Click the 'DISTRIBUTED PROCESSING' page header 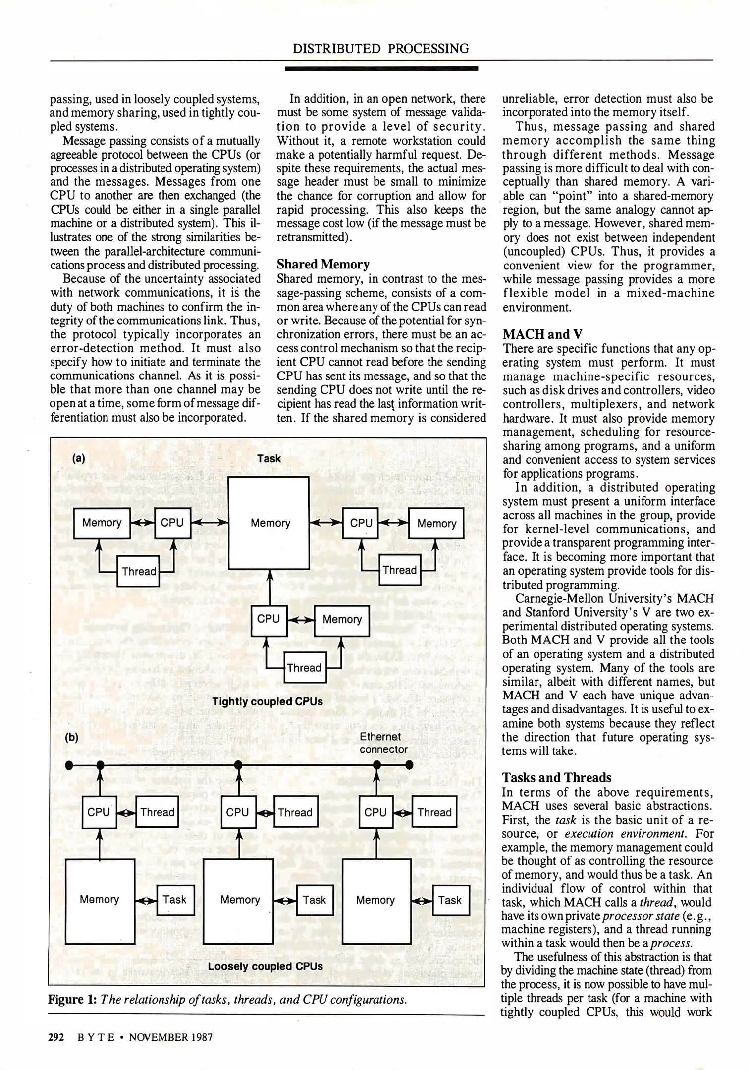[380, 49]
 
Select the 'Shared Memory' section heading [323, 264]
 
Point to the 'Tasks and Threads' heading [557, 777]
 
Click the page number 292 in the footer [56, 1037]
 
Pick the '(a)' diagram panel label [79, 458]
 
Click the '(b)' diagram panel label [72, 737]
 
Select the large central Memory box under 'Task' [268, 523]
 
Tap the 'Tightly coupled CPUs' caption [268, 701]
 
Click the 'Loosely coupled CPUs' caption [265, 966]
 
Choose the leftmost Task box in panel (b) [175, 900]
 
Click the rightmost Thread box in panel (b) [434, 812]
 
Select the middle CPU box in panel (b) [238, 812]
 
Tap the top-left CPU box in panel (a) [172, 523]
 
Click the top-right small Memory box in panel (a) [436, 524]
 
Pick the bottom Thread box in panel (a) [304, 668]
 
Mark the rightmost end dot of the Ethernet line [409, 765]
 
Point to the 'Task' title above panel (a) [269, 459]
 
